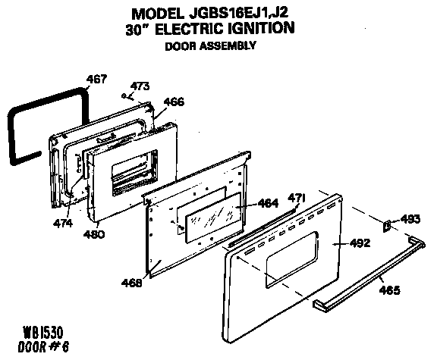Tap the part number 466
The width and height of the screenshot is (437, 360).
(174, 101)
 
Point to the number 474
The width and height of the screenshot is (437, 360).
(64, 224)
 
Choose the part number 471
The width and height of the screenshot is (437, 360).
(298, 199)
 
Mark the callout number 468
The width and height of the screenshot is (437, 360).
(132, 283)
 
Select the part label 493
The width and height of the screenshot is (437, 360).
(410, 220)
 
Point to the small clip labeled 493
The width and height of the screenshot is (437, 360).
(387, 224)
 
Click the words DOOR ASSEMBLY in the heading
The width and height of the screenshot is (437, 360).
(209, 45)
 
